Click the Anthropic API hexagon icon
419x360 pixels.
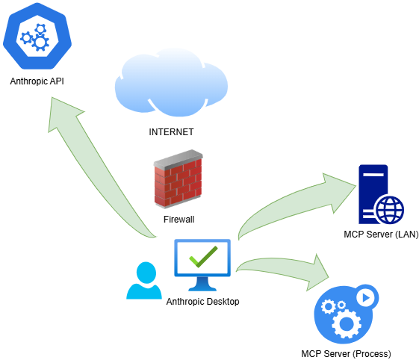(x=37, y=36)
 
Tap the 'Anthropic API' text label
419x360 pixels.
(x=37, y=81)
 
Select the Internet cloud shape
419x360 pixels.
(x=171, y=82)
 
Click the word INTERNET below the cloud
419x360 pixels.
(x=171, y=132)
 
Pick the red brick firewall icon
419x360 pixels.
(x=178, y=179)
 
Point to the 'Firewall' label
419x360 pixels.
(x=179, y=220)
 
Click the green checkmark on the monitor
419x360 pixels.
(x=203, y=257)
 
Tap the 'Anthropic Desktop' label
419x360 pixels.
(x=202, y=302)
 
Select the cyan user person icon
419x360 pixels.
(x=144, y=280)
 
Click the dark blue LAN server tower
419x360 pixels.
(x=373, y=194)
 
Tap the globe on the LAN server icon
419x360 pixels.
(x=390, y=210)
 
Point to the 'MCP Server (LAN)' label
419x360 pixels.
(x=381, y=235)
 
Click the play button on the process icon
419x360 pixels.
(x=367, y=298)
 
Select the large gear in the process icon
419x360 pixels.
(x=347, y=324)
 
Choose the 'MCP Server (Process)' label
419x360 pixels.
(x=346, y=354)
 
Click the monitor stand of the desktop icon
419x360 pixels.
(x=202, y=284)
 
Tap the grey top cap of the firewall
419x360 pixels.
(x=178, y=159)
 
